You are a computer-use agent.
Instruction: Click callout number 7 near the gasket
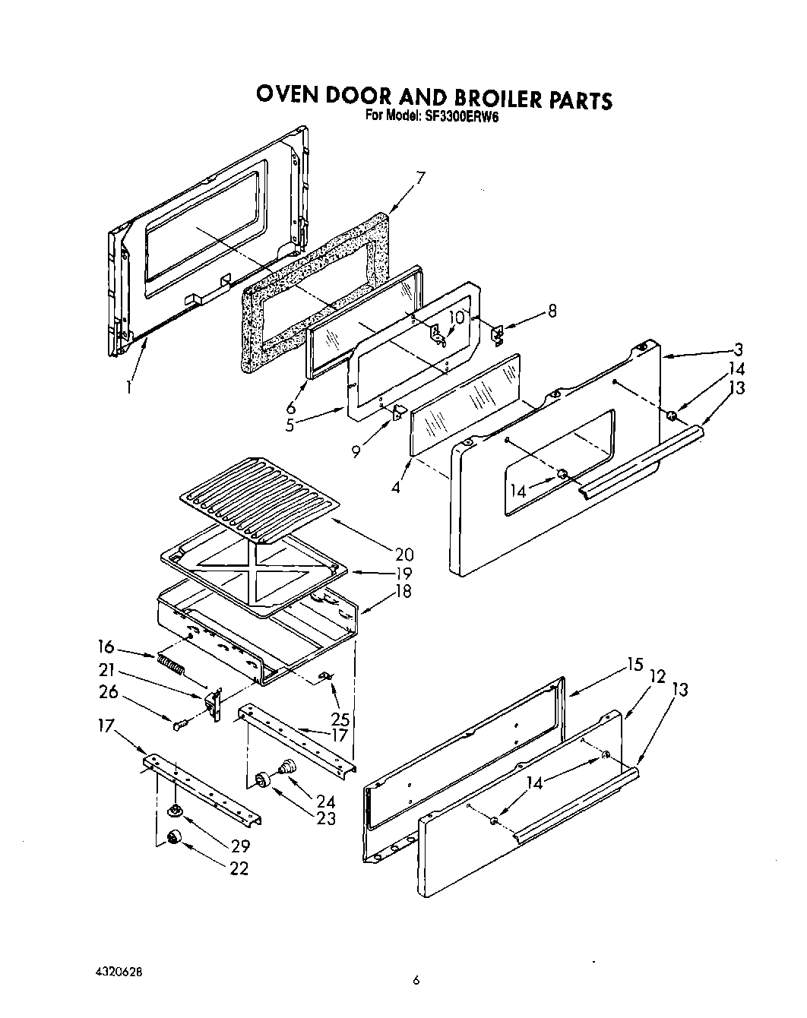[420, 179]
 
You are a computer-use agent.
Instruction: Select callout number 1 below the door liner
[130, 387]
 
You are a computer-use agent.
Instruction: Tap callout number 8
[552, 311]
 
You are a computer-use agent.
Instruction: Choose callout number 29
[240, 845]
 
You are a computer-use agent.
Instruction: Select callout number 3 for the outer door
[738, 349]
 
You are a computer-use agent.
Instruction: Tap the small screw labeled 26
[179, 726]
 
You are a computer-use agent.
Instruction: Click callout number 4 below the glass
[395, 487]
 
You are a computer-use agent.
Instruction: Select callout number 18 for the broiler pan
[403, 591]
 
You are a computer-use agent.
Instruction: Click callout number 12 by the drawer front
[657, 675]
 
